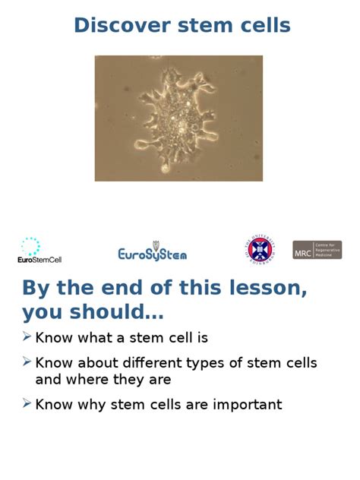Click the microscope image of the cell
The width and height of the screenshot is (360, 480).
[x=178, y=118]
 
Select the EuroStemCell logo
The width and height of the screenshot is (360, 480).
[x=39, y=250]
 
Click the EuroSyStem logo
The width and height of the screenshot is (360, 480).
[x=152, y=252]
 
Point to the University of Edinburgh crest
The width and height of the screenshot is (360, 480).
[x=261, y=249]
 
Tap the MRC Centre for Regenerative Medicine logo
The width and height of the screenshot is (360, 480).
[x=317, y=250]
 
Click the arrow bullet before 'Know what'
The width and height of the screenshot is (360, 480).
[x=27, y=336]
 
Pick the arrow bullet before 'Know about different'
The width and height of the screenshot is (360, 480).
[x=27, y=362]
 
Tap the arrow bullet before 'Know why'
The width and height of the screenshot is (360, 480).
[x=27, y=403]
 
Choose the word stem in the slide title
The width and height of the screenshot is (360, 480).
[x=204, y=25]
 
